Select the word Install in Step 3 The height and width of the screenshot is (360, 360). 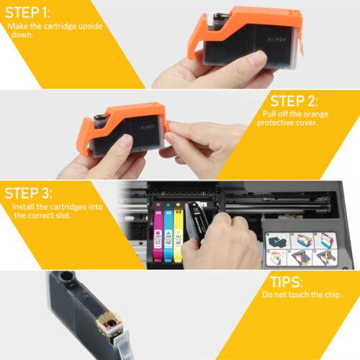25,207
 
